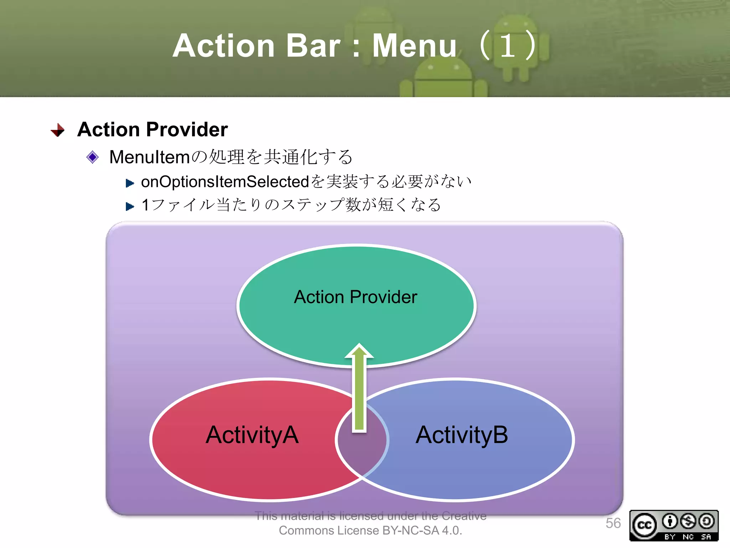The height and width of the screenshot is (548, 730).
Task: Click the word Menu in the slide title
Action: tap(414, 46)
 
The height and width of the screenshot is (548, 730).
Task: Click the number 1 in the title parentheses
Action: tap(508, 46)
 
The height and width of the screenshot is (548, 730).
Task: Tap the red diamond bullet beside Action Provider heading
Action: tap(58, 130)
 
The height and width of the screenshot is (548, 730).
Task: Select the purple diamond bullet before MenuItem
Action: tap(93, 157)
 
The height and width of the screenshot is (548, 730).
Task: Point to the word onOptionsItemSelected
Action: tap(225, 182)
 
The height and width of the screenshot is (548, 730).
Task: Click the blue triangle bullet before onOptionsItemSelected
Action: tap(130, 183)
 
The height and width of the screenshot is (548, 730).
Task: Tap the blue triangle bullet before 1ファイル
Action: tap(130, 206)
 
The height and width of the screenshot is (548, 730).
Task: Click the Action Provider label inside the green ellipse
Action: tap(355, 297)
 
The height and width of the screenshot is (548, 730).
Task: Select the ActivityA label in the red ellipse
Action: tap(252, 435)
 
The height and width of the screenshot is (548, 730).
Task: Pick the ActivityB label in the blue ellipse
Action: tap(462, 435)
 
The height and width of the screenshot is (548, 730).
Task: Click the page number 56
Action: tap(613, 523)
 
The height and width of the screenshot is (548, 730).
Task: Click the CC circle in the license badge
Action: tap(644, 525)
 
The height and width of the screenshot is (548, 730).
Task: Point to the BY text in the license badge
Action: tap(670, 537)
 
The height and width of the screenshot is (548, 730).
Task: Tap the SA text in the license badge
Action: tap(706, 537)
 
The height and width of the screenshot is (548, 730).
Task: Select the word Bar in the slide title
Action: tap(313, 46)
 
